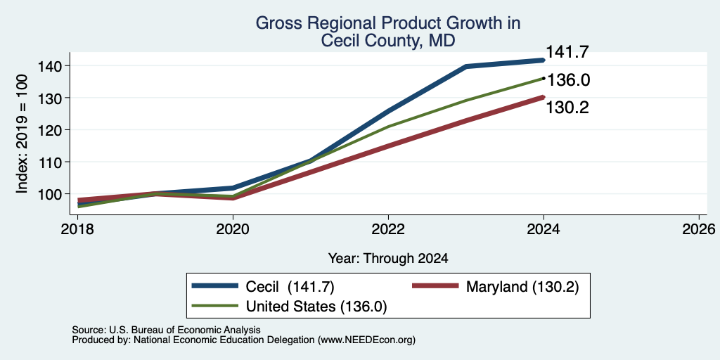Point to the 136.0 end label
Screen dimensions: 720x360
(x=568, y=80)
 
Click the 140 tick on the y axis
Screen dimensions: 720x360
(x=50, y=65)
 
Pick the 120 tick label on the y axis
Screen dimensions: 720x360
(x=50, y=130)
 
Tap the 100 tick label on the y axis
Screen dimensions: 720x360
(x=50, y=194)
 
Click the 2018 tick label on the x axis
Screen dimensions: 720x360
(x=77, y=229)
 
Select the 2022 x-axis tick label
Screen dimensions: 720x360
(x=388, y=229)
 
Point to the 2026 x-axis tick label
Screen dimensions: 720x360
(x=699, y=229)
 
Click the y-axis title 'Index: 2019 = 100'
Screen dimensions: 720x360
(x=22, y=134)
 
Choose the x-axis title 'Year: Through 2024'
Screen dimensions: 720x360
(x=388, y=259)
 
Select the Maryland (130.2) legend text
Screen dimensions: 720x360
(x=522, y=287)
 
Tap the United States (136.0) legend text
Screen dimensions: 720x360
(x=316, y=307)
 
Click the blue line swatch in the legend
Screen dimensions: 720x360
(x=215, y=286)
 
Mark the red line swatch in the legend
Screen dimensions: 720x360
(x=435, y=286)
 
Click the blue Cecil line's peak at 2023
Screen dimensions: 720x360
(x=466, y=67)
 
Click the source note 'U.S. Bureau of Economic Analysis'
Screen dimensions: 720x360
(x=185, y=330)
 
